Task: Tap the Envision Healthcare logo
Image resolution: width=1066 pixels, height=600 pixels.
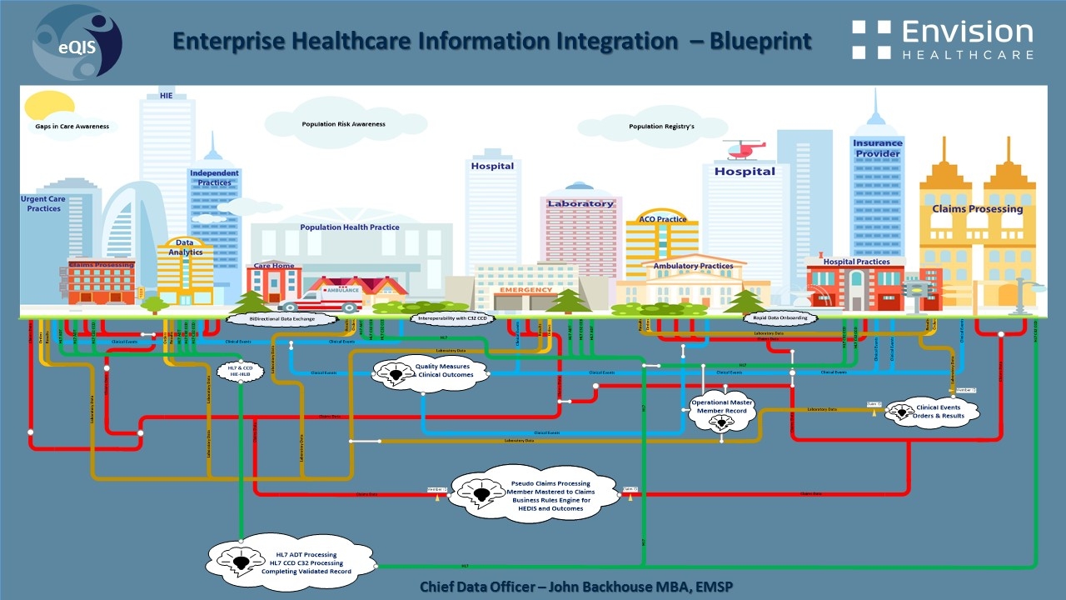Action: pos(943,40)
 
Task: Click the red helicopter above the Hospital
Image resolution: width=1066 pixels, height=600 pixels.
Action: pos(744,149)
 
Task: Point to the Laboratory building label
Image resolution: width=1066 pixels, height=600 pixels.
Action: pos(580,203)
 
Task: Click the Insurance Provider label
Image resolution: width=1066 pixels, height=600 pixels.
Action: pos(877,148)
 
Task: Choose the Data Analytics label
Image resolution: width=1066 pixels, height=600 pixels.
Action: pos(185,247)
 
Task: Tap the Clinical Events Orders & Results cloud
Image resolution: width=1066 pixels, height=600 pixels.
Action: pos(933,412)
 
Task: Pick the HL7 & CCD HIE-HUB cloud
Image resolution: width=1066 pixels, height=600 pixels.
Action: pos(240,372)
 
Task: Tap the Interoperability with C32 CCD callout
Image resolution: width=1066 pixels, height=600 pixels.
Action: pos(453,318)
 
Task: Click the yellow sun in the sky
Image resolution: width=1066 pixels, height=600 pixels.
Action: pos(49,106)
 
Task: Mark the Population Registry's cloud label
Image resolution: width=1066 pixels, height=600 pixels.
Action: pos(661,127)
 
